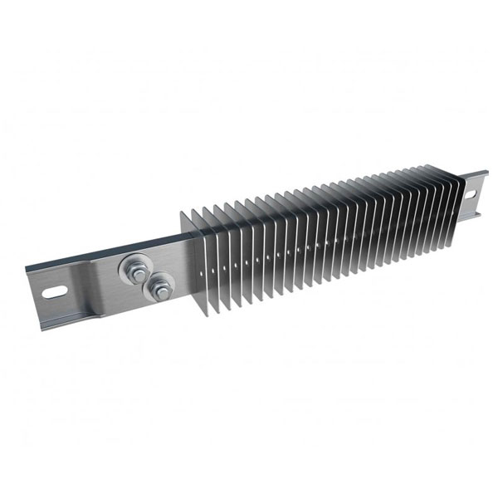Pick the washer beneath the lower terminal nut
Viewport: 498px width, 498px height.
coord(147,291)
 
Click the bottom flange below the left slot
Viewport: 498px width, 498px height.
coord(66,314)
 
